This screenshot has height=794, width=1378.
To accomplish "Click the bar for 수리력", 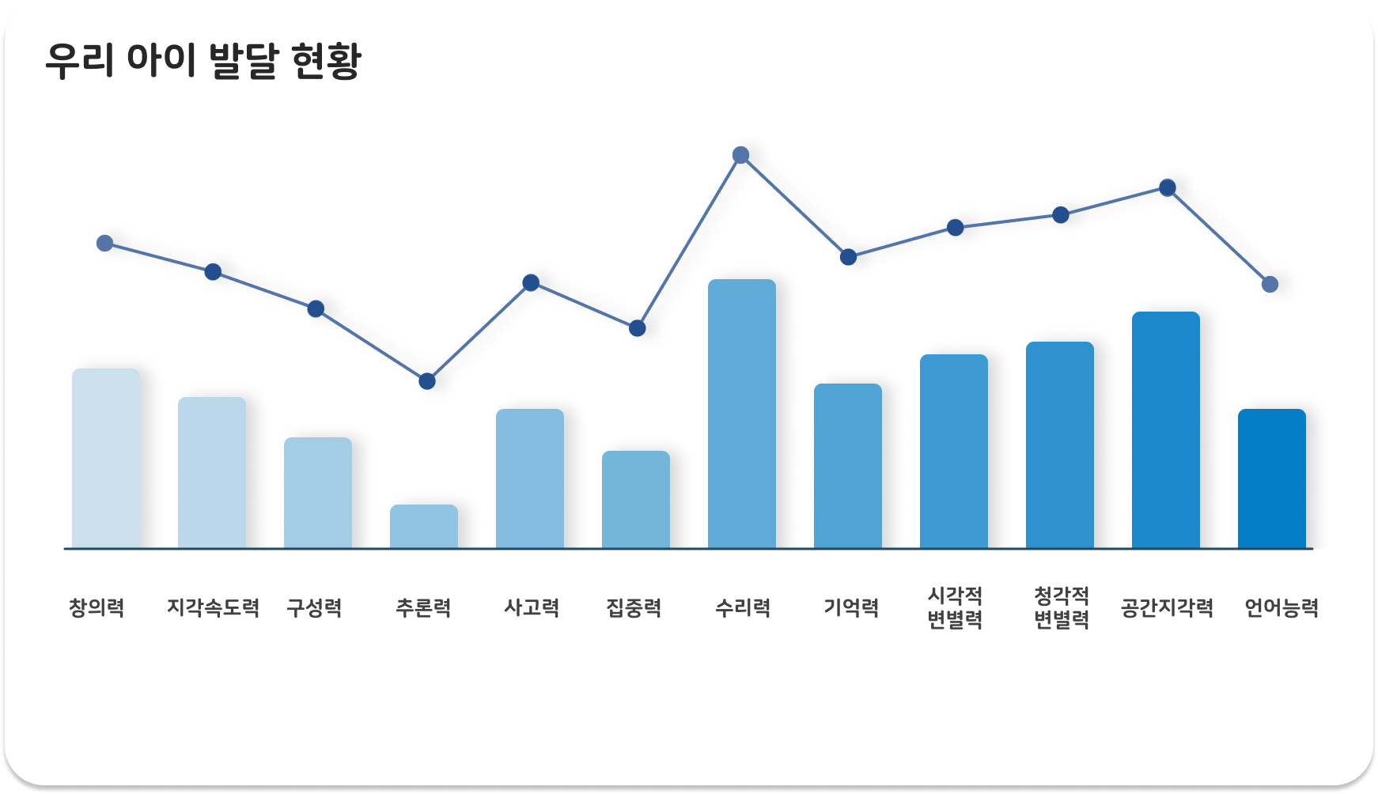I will coord(742,414).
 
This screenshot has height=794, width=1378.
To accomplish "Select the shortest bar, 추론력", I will coord(424,527).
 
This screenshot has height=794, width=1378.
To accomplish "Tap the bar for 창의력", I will coord(106,459).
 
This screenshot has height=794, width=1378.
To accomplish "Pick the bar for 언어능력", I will coord(1272,478).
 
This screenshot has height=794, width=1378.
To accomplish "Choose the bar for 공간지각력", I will coord(1166,430).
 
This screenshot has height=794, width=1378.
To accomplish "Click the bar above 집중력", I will coord(636,500).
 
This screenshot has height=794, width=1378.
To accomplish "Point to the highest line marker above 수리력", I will coord(741,155).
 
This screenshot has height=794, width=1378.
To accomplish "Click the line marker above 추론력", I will coord(427,381).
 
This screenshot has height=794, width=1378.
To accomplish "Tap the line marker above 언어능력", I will coord(1270,284).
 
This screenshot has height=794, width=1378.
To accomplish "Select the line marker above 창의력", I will coord(104,243).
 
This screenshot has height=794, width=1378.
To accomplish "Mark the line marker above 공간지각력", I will coord(1168,187).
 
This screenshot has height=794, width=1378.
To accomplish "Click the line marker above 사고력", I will coord(532,282).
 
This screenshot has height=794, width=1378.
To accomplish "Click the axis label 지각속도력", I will coord(213,607).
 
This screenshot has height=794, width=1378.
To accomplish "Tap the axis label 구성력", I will coord(314,607).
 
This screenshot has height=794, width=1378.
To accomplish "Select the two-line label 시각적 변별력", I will coord(955,607).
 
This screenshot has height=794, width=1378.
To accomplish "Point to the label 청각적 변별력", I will coord(1062,607).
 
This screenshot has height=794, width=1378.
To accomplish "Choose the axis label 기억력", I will coord(851,607).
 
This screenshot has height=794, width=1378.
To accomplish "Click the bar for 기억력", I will coord(848,466).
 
